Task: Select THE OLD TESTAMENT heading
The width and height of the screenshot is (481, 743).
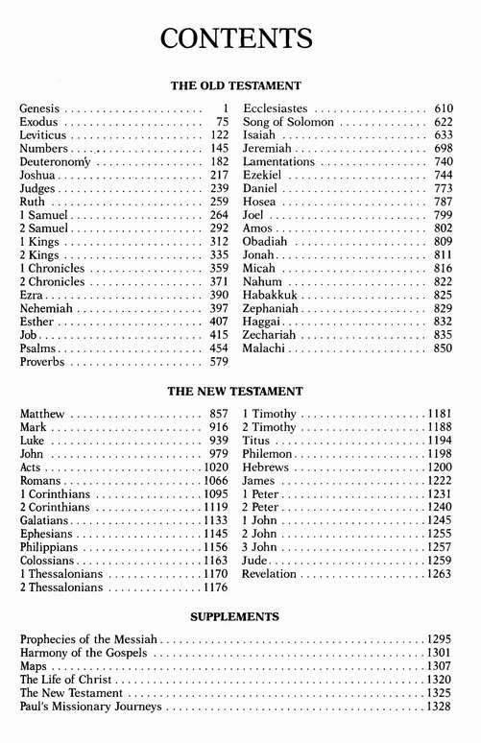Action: (x=236, y=85)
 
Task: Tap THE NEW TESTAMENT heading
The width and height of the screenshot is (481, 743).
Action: (x=235, y=392)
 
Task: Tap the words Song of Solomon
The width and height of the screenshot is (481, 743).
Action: (x=288, y=123)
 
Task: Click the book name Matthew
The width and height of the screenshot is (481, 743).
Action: (x=42, y=414)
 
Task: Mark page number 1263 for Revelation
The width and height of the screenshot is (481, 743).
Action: (x=439, y=574)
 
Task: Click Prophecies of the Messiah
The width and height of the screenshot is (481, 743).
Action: (x=89, y=638)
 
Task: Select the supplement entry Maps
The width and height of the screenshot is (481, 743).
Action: (x=33, y=665)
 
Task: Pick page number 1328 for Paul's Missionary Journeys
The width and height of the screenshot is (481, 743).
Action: (x=439, y=706)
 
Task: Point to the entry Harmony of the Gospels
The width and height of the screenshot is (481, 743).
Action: (x=84, y=652)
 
